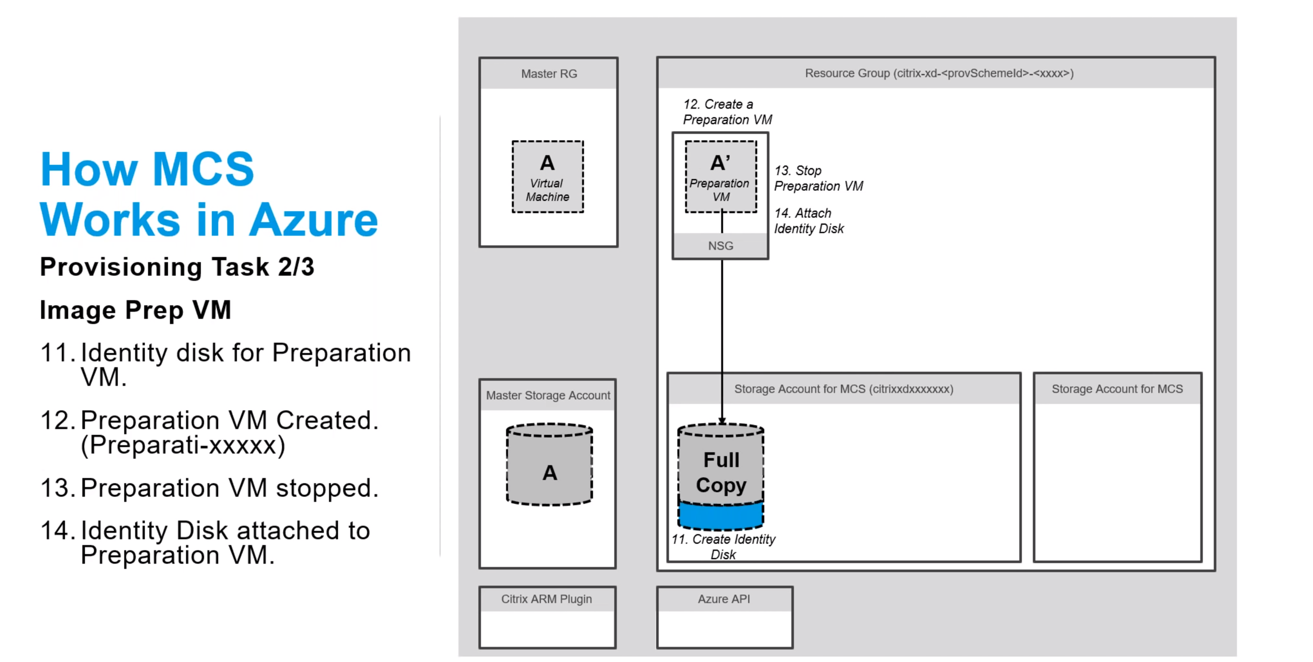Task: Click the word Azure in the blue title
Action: tap(313, 221)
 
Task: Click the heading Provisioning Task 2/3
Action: tap(177, 267)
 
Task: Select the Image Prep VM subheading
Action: tap(136, 310)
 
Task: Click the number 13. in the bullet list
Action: tap(58, 488)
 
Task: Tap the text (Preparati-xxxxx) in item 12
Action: tap(182, 445)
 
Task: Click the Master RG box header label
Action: tap(549, 74)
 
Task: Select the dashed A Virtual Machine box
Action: tap(547, 177)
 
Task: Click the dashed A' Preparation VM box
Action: tap(720, 177)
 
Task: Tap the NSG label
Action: tap(720, 246)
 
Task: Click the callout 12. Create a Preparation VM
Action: tap(726, 112)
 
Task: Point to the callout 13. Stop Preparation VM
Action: tap(817, 178)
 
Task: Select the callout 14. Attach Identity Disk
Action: tap(808, 221)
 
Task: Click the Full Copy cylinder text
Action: tap(721, 472)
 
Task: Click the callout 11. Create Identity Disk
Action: tap(723, 546)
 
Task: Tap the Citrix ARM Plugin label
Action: tap(546, 599)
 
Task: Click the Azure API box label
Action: tap(723, 599)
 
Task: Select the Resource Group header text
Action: tap(939, 74)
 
